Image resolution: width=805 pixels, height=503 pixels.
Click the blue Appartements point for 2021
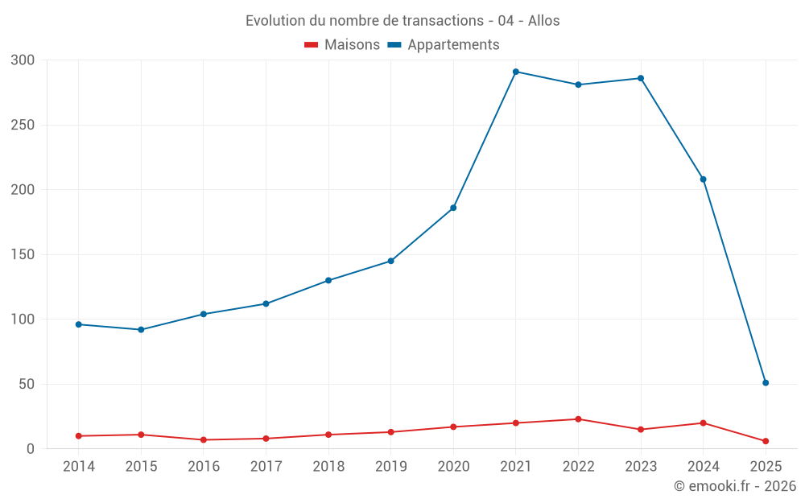(x=516, y=72)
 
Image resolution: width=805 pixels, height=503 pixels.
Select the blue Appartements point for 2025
(x=766, y=383)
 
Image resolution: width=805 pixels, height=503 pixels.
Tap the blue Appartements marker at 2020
(x=453, y=208)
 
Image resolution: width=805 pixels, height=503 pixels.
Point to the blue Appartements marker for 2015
(x=141, y=330)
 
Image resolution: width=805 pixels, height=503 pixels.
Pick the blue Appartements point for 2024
(x=704, y=179)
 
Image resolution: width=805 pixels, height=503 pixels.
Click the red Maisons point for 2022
(x=578, y=419)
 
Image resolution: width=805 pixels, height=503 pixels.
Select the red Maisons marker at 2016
(x=204, y=440)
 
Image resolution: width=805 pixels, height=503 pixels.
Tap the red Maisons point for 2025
(x=766, y=441)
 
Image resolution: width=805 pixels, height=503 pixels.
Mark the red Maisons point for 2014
(x=79, y=436)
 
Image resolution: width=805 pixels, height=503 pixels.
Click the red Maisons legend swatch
(x=312, y=45)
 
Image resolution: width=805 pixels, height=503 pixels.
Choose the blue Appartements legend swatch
(x=394, y=45)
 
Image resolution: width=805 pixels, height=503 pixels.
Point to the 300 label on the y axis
(x=23, y=60)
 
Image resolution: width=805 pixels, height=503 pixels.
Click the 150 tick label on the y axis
(x=23, y=254)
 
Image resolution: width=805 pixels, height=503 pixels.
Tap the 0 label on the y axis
(x=31, y=449)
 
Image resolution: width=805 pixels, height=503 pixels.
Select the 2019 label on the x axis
(x=391, y=467)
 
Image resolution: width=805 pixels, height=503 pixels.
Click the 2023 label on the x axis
(x=641, y=467)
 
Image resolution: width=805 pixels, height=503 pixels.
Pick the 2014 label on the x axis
(x=79, y=467)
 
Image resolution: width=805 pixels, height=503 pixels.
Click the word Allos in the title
(x=544, y=21)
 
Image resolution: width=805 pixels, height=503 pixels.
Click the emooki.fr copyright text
(x=735, y=486)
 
